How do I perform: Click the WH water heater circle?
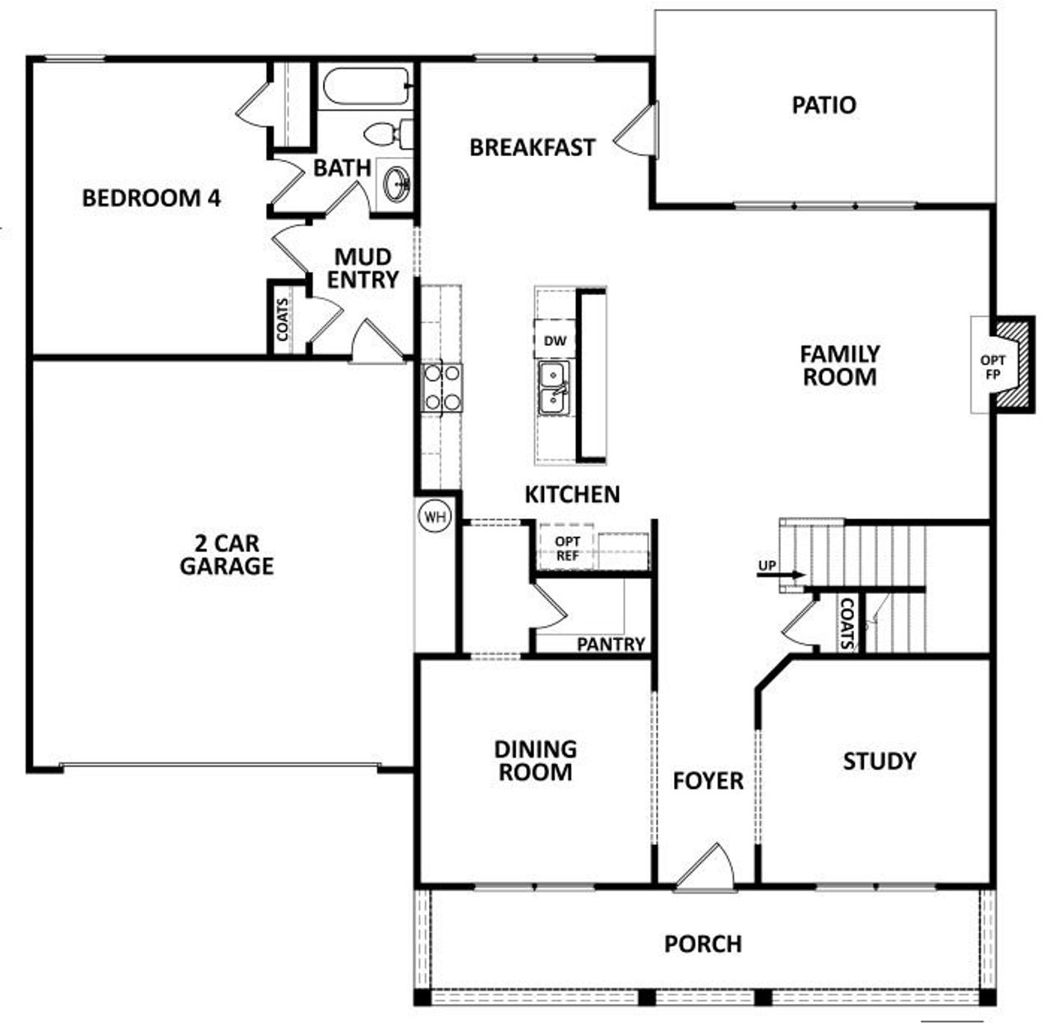(435, 517)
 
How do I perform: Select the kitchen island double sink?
(554, 388)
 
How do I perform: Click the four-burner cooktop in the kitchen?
(442, 387)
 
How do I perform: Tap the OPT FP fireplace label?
(992, 366)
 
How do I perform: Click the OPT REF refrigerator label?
(567, 548)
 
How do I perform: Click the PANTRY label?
(611, 644)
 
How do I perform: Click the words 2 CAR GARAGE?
(227, 555)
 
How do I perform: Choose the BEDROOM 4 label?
(151, 198)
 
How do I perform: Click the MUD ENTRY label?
(362, 269)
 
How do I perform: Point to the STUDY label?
(879, 761)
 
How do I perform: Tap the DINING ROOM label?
(535, 760)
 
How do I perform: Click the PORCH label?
(703, 944)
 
